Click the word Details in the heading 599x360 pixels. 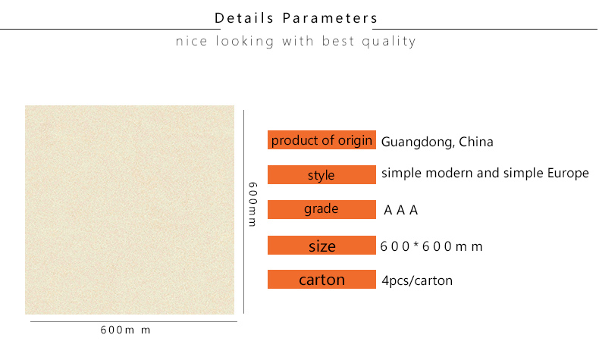(x=244, y=18)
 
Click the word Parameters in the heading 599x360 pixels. (x=330, y=18)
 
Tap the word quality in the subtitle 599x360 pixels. (x=389, y=41)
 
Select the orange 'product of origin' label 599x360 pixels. (x=321, y=139)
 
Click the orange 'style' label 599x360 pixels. (x=321, y=174)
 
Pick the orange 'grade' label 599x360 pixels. (x=321, y=209)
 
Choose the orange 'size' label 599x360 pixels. (x=321, y=245)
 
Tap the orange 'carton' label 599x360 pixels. (x=321, y=279)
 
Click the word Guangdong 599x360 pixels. (x=418, y=142)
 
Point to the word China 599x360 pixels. (x=476, y=142)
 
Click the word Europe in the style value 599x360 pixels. (x=568, y=174)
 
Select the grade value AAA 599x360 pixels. (x=401, y=210)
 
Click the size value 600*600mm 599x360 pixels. (x=431, y=246)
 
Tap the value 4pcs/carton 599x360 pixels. (x=417, y=280)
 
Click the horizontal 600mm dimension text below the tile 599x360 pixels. (x=125, y=330)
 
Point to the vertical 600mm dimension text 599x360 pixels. (x=252, y=204)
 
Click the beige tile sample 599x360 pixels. (x=130, y=210)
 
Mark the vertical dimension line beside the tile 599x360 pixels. (x=243, y=212)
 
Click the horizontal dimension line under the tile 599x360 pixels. (x=133, y=321)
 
